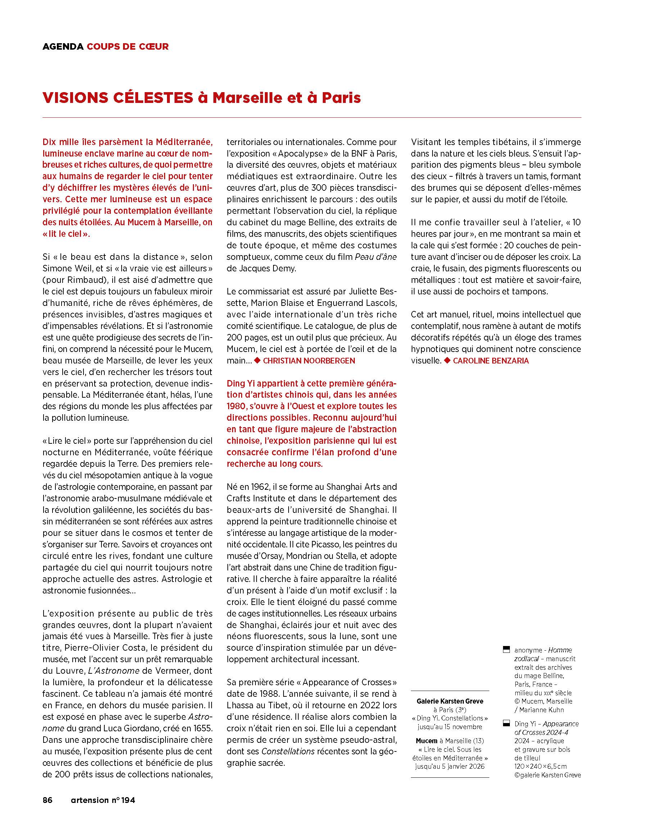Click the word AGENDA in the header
click(63, 47)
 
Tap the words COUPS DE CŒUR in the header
click(128, 47)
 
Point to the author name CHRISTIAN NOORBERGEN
click(309, 361)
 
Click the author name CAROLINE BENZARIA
click(491, 361)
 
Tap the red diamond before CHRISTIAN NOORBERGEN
click(257, 360)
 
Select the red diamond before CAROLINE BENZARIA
click(447, 360)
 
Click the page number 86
click(47, 800)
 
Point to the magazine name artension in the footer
click(90, 800)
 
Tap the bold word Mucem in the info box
click(427, 741)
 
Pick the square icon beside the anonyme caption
click(506, 649)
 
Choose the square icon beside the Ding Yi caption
click(506, 723)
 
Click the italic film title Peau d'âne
click(376, 257)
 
